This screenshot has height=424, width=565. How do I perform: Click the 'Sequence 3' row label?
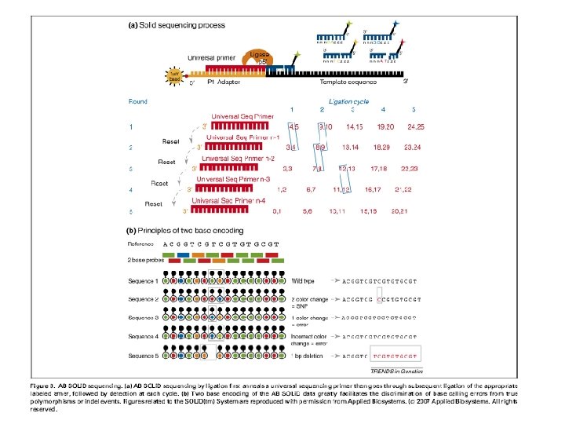point(144,317)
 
